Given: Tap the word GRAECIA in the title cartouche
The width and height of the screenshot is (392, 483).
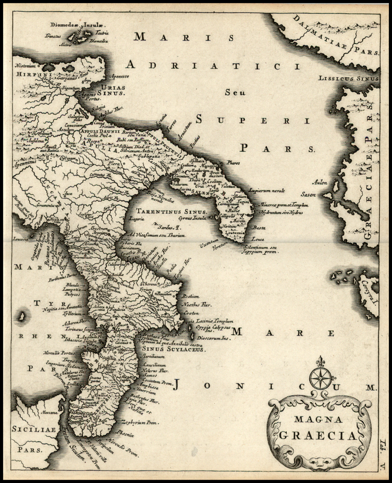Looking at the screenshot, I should click(318, 435).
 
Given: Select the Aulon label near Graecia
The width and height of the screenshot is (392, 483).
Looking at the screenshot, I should click(320, 183).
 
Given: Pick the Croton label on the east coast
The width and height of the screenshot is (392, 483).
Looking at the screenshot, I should click(191, 312).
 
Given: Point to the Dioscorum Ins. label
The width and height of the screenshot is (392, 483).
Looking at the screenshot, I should click(214, 338).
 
